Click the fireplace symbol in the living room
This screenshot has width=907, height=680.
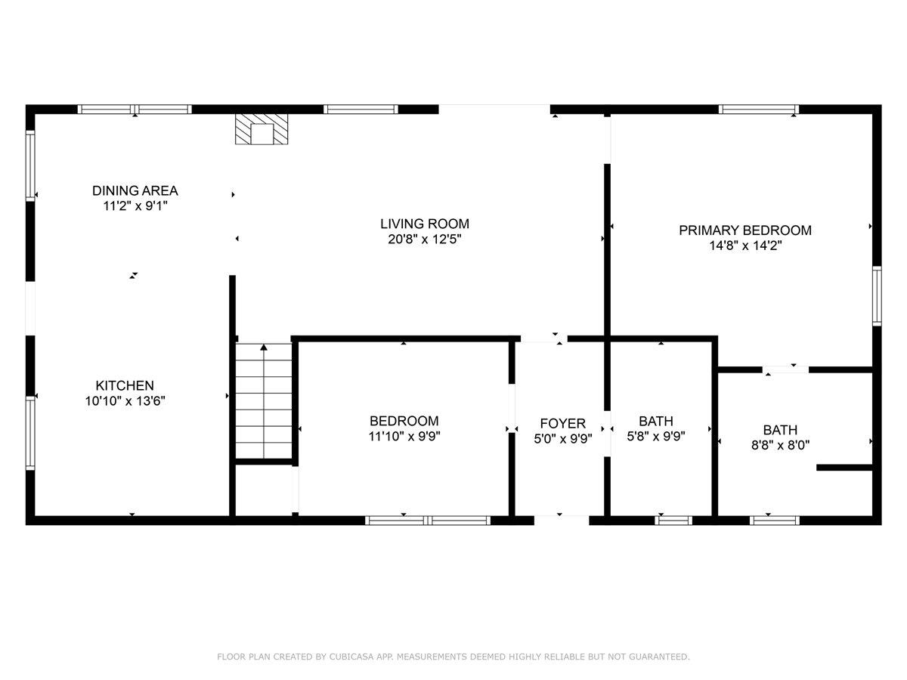tap(262, 130)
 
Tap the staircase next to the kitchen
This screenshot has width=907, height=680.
tap(264, 400)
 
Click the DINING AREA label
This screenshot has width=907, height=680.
tap(135, 190)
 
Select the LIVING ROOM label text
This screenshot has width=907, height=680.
tap(424, 224)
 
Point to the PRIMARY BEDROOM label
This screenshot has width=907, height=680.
tap(744, 230)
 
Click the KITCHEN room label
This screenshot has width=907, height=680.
tap(125, 385)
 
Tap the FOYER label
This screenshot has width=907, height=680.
tap(562, 423)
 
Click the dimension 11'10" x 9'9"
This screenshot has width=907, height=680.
tap(404, 436)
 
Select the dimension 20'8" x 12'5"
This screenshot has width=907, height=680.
tap(424, 240)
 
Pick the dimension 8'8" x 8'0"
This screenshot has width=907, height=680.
tap(780, 445)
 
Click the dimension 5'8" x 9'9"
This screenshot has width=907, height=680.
tap(656, 436)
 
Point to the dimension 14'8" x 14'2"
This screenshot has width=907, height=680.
tap(744, 246)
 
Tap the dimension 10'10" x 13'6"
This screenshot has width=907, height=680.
tap(125, 400)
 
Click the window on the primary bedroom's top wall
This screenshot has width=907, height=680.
tap(759, 110)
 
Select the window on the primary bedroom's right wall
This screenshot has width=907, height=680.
tap(877, 296)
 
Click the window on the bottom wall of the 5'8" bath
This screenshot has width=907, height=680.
tap(673, 520)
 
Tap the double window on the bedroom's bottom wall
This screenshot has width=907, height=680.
tap(429, 520)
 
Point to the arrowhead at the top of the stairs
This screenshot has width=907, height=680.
tap(264, 348)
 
